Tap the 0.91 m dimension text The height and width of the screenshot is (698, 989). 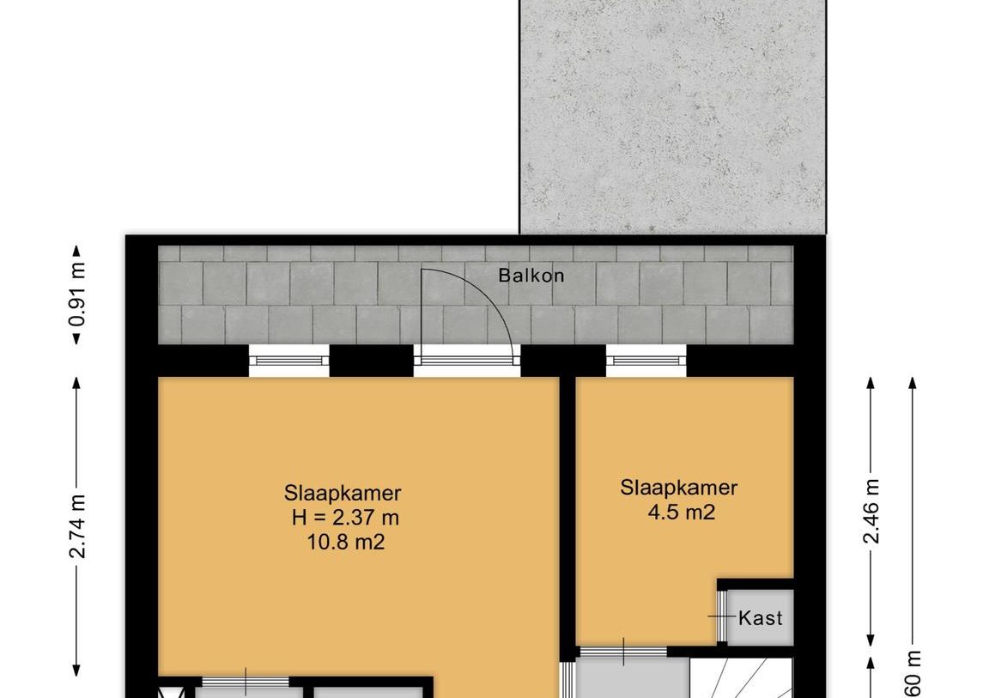point(78,294)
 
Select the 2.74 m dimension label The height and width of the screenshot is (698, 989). point(78,526)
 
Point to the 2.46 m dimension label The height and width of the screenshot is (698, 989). point(871,511)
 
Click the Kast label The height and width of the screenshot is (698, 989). point(761,617)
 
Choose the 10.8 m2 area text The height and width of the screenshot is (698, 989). point(343,543)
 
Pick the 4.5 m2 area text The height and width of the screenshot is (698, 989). point(679,513)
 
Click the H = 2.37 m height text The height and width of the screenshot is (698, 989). point(344,518)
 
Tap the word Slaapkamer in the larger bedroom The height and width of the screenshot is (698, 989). point(343,494)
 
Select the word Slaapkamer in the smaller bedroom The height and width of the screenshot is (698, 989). point(679,489)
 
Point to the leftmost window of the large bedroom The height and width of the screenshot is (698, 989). point(288,361)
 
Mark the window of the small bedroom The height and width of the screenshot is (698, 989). point(646,361)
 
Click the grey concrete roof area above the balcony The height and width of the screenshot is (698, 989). point(672,116)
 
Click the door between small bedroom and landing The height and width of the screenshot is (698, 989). point(623,652)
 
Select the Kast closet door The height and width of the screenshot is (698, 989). point(719,616)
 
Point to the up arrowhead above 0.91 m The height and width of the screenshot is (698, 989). point(77,251)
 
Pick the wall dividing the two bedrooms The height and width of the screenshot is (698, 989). point(567,515)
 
